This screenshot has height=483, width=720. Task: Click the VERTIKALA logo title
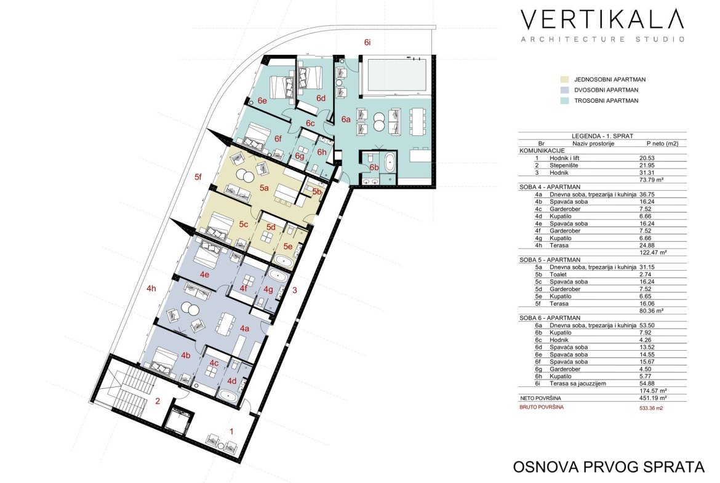[x=602, y=19]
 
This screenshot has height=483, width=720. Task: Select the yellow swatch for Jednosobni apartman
[x=565, y=79]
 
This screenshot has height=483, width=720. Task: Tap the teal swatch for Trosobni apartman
[x=565, y=100]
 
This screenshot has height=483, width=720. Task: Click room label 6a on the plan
[x=346, y=119]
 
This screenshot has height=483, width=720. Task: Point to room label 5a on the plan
[x=263, y=188]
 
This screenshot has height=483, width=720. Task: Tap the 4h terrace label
[x=151, y=289]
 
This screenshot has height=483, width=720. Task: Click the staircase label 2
[x=158, y=401]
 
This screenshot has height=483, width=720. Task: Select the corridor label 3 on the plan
[x=295, y=290]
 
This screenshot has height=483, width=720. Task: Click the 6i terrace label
[x=367, y=42]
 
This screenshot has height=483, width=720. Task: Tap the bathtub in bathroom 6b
[x=390, y=162]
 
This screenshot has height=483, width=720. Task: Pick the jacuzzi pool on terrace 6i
[x=397, y=74]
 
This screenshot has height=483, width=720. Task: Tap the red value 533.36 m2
[x=651, y=407]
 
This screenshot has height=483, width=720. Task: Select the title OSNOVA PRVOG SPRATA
[x=609, y=466]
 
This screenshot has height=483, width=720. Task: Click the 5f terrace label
[x=198, y=177]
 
